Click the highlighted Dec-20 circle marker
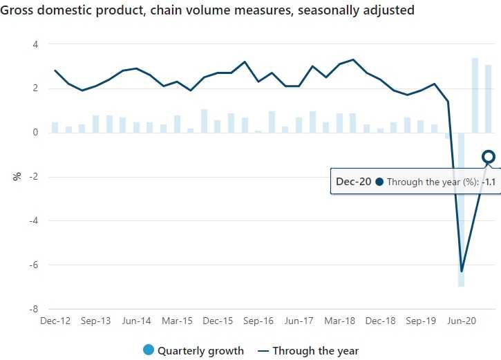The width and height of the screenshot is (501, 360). pyautogui.click(x=489, y=157)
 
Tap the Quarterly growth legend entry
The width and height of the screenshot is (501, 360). pyautogui.click(x=193, y=350)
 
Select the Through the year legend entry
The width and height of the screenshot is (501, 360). pyautogui.click(x=308, y=350)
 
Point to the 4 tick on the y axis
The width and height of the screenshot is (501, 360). pyautogui.click(x=35, y=44)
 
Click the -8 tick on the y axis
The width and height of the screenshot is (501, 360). pyautogui.click(x=33, y=309)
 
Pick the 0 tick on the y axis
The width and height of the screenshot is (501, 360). pyautogui.click(x=35, y=133)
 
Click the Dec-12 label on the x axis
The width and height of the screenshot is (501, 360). pyautogui.click(x=55, y=321)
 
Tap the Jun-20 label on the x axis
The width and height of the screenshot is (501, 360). pyautogui.click(x=461, y=321)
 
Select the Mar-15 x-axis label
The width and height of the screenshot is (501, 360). pyautogui.click(x=177, y=321)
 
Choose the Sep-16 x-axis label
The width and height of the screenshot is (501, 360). pyautogui.click(x=258, y=321)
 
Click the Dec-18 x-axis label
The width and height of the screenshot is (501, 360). pyautogui.click(x=380, y=321)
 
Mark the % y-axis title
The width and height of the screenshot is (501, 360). pyautogui.click(x=17, y=176)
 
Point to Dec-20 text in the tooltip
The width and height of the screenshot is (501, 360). pyautogui.click(x=354, y=182)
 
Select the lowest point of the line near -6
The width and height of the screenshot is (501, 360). pyautogui.click(x=461, y=271)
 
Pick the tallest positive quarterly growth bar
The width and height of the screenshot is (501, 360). pyautogui.click(x=475, y=95)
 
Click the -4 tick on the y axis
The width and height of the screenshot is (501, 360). pyautogui.click(x=33, y=221)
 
